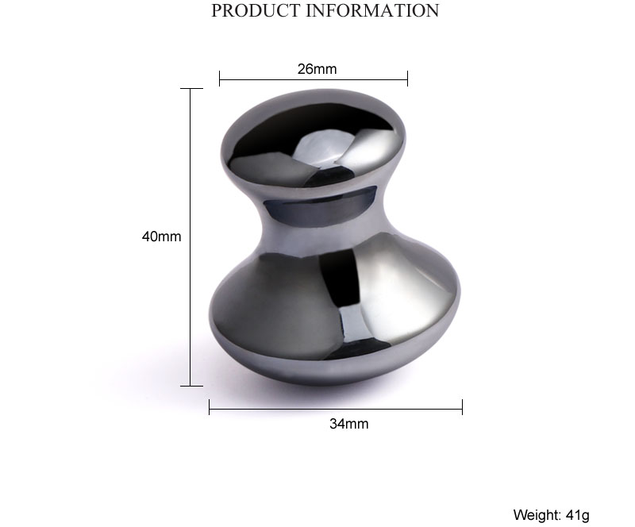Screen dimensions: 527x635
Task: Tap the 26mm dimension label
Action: coord(317,69)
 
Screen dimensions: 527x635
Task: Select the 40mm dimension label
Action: coord(161,237)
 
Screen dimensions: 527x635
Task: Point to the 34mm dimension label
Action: coord(348,424)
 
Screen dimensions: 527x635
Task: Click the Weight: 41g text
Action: coord(551,515)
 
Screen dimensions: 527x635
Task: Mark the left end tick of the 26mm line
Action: coord(220,78)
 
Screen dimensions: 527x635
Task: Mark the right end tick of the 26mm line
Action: coord(407,78)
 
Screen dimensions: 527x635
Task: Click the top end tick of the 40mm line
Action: coord(190,89)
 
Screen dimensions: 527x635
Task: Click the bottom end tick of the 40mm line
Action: coord(190,386)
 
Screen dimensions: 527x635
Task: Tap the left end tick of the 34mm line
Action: coord(210,407)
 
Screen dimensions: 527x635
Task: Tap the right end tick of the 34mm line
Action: coord(462,407)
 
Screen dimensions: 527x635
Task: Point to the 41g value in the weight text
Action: coord(577,515)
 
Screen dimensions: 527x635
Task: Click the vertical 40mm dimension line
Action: coord(190,302)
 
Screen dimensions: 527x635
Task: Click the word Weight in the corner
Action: coord(536,515)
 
